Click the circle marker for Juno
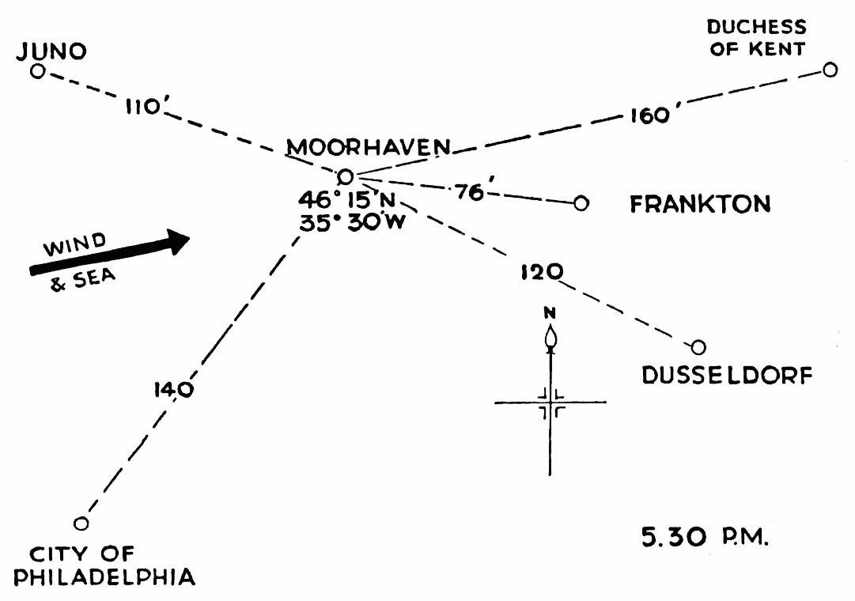pos(37,71)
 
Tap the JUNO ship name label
pos(52,51)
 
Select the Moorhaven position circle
pos(345,177)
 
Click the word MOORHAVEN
pos(369,147)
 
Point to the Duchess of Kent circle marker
pos(830,70)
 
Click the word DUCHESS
pos(756,28)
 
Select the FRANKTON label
pos(700,205)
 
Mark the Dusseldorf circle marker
pos(698,347)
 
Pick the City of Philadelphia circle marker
pos(81,524)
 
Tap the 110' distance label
pos(143,107)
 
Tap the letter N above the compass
pos(550,312)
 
